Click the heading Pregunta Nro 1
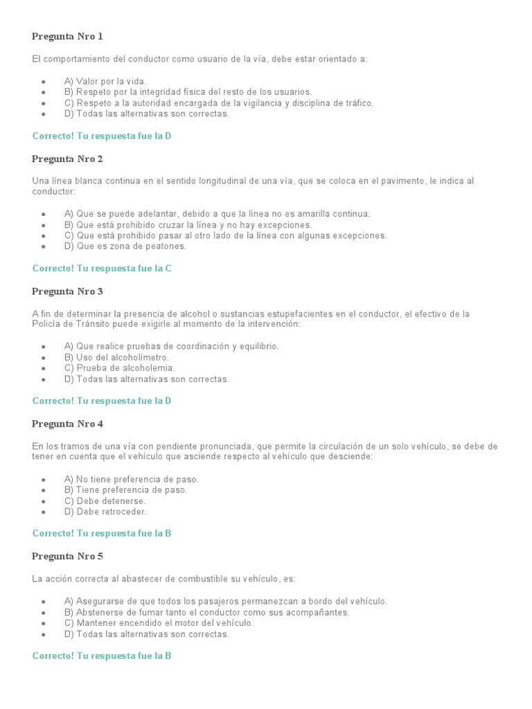click(67, 37)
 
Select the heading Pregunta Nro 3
click(67, 291)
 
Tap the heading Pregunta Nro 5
click(67, 556)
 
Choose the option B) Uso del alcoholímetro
click(116, 357)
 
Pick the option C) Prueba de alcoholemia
click(119, 368)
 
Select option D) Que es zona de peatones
click(125, 246)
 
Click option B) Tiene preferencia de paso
click(125, 490)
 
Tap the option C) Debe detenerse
click(105, 501)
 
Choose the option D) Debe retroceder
click(105, 512)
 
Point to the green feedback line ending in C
click(102, 269)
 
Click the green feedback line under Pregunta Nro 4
click(102, 534)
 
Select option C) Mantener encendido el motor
click(159, 623)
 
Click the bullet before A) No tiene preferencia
click(44, 479)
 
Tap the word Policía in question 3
click(46, 324)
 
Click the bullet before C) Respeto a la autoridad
click(44, 103)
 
